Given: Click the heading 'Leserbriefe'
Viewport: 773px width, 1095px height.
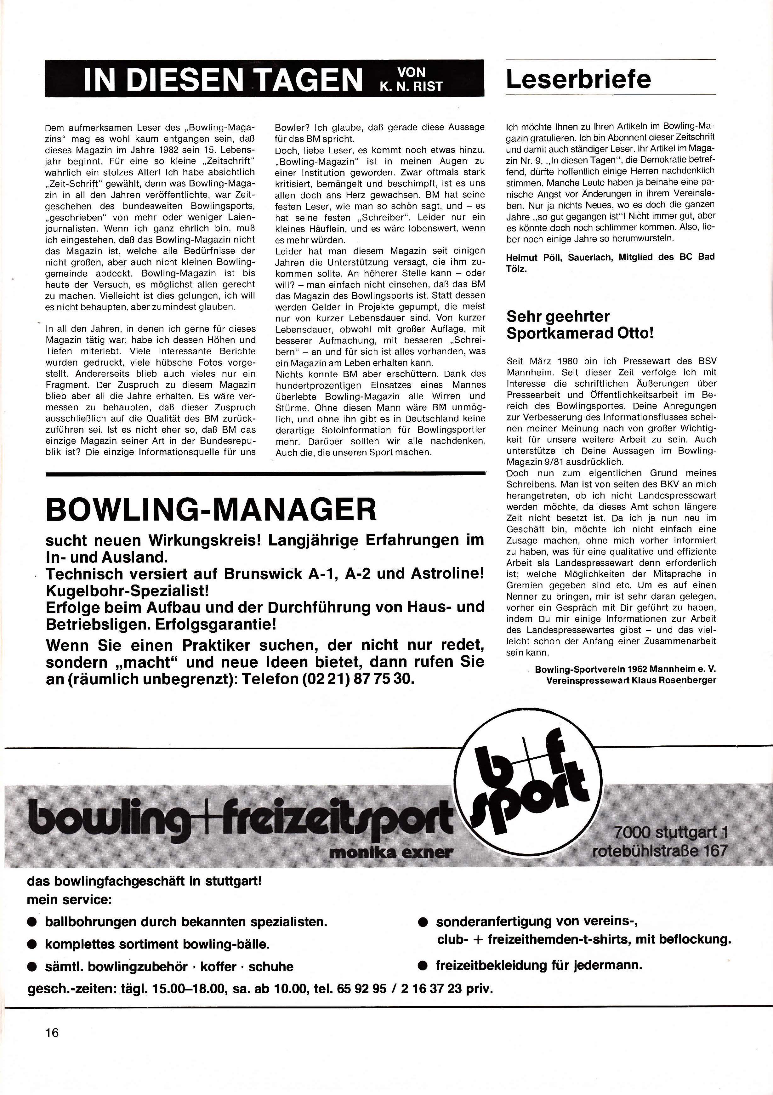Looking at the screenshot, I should point(578,79).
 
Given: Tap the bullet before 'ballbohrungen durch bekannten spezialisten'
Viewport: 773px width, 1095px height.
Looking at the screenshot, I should point(32,922).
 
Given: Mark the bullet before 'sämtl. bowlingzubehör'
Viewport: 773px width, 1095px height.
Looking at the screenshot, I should point(32,967).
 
